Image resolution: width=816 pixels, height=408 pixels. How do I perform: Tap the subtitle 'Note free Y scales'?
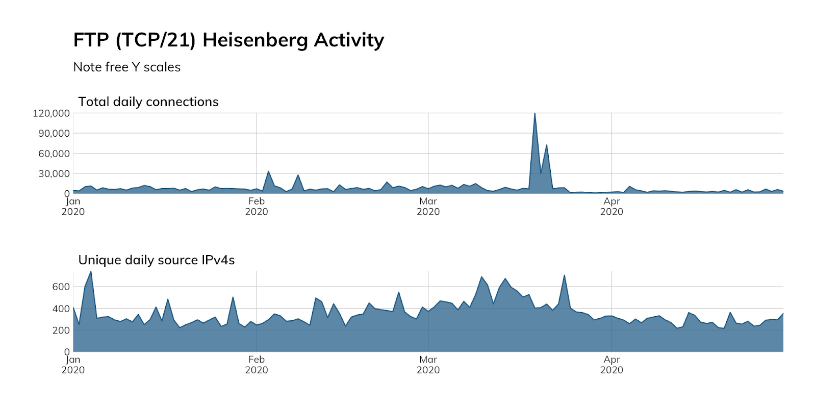(x=127, y=67)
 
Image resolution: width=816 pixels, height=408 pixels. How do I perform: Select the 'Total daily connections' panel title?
(x=148, y=102)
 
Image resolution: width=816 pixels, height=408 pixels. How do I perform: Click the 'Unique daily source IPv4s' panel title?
(x=157, y=260)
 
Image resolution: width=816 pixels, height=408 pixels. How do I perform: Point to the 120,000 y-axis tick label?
(x=51, y=113)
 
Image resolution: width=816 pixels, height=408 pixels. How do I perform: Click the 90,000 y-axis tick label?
(x=54, y=134)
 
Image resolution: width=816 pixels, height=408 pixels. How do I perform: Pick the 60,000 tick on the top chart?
(x=54, y=154)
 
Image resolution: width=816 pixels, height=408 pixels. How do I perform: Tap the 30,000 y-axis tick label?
(x=54, y=174)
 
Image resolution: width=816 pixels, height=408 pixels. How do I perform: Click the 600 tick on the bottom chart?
(x=61, y=287)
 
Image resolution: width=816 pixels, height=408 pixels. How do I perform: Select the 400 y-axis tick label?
(x=61, y=309)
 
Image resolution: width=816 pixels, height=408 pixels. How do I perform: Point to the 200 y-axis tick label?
(x=61, y=330)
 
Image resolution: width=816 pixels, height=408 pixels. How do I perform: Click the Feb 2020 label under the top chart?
(x=257, y=207)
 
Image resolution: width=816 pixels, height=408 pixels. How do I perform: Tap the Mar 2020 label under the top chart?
(x=428, y=207)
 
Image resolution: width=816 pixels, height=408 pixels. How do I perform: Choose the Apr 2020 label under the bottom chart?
(x=611, y=365)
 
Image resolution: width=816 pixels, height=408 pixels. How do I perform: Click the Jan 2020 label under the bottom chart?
(x=73, y=365)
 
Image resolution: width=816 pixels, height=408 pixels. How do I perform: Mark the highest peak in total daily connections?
(x=534, y=114)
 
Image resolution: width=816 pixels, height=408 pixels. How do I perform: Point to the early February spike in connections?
(x=268, y=172)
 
